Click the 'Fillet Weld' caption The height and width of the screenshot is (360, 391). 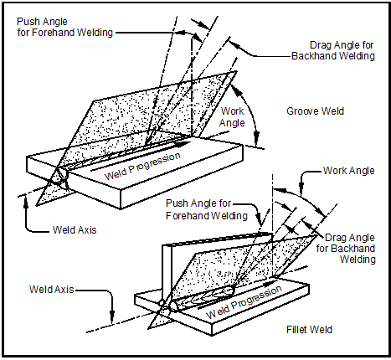(308, 330)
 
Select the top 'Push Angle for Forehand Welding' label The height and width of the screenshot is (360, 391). (55, 26)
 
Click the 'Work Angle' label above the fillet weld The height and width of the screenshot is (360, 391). (349, 170)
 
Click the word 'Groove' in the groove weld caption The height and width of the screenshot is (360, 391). (299, 111)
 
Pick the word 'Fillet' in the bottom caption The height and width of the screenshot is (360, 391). (295, 330)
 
